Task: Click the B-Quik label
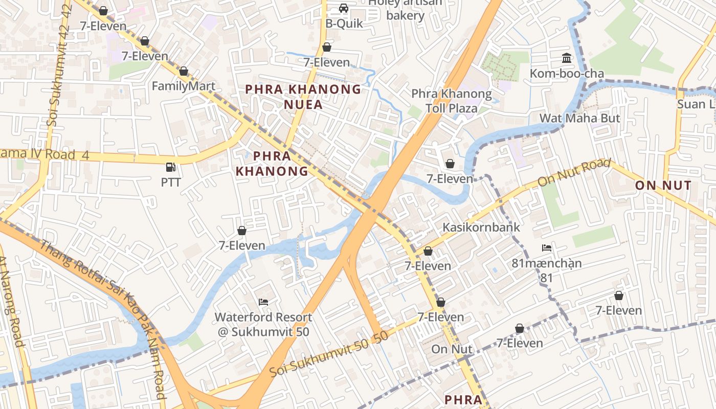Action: click(344, 24)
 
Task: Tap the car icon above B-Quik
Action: click(344, 9)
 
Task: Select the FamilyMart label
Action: click(184, 86)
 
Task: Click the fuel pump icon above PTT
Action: click(171, 167)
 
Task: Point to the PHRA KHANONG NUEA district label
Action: click(303, 97)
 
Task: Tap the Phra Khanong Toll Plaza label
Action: click(452, 101)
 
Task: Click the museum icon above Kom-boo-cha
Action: click(567, 58)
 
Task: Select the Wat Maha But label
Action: click(579, 118)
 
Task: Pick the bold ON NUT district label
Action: click(663, 186)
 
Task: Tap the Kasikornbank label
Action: click(481, 227)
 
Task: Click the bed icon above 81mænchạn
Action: click(547, 248)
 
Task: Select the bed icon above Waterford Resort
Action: click(263, 302)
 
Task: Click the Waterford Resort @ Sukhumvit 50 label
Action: click(263, 324)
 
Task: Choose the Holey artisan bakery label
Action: click(405, 9)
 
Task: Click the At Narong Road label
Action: click(11, 302)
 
